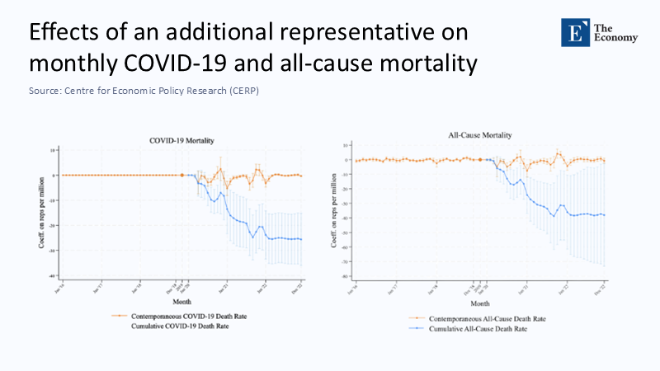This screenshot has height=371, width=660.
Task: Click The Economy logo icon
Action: (x=573, y=32)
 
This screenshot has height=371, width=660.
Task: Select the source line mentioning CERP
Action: (x=144, y=91)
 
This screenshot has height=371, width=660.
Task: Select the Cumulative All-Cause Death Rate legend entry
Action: (x=471, y=329)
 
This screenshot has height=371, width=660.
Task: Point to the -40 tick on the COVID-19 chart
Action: (x=52, y=275)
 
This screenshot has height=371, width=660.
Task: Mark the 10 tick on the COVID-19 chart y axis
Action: (x=53, y=150)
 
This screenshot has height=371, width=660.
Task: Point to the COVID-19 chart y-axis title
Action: (x=39, y=212)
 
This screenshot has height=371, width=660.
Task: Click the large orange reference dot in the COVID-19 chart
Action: (x=181, y=175)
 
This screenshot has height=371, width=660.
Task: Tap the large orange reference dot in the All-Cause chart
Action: (x=480, y=160)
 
